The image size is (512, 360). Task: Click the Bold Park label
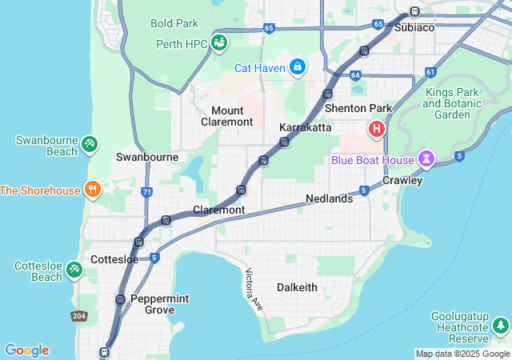pos(174,23)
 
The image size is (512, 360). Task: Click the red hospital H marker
pos(376,128)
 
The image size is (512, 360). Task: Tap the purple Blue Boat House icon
pos(427,159)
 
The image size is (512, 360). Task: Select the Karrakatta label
pos(305,127)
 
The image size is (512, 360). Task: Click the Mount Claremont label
pos(232,116)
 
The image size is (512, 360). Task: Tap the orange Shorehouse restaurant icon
pos(93,190)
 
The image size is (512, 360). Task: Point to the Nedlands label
pos(329,198)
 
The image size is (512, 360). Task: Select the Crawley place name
pos(402,180)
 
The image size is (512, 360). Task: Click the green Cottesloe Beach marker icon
pos(74,270)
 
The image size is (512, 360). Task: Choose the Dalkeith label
pos(297,287)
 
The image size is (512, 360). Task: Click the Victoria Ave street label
pos(254,290)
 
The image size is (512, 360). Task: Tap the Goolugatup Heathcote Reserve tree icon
pos(501,326)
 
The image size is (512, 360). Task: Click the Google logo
pos(26,350)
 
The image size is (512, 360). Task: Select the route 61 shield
pos(430,72)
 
